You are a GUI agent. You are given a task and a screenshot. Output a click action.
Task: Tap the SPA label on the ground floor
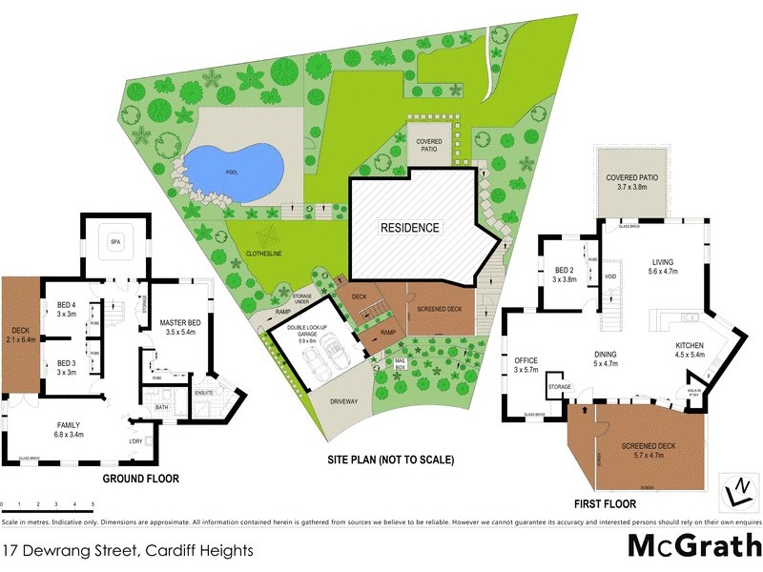click(114, 240)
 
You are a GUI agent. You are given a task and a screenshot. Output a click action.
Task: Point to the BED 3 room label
click(66, 363)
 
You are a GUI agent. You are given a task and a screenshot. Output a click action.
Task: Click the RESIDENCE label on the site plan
click(410, 228)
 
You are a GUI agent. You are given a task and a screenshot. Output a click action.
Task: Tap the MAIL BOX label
click(401, 361)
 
